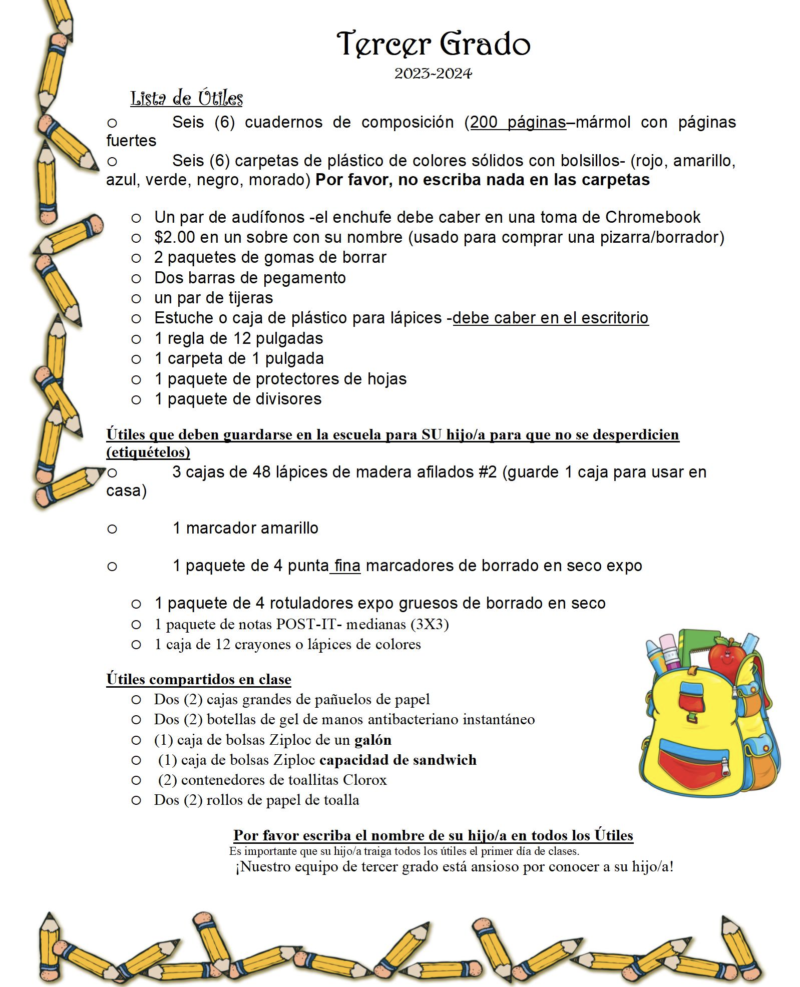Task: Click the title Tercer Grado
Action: click(x=433, y=44)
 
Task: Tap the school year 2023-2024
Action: click(x=433, y=74)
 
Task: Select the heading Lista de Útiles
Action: click(x=186, y=98)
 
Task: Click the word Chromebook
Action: click(x=652, y=217)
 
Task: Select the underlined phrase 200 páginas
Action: click(x=518, y=123)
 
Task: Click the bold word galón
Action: click(x=373, y=740)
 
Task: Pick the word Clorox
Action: click(x=364, y=780)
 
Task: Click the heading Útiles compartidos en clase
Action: click(x=199, y=679)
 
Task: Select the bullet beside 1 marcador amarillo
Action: click(x=112, y=529)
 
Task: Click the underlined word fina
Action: click(x=347, y=566)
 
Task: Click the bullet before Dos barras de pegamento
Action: click(x=136, y=278)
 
